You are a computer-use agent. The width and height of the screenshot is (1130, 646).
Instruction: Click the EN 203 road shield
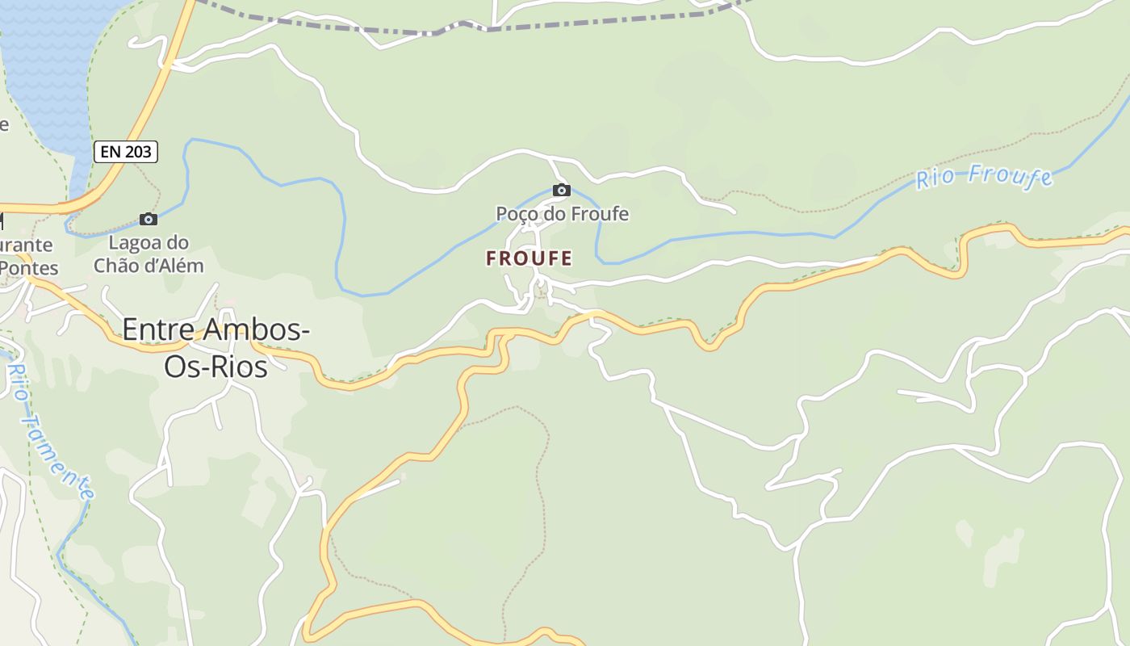click(126, 151)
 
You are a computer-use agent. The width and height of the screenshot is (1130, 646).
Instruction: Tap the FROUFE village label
click(529, 258)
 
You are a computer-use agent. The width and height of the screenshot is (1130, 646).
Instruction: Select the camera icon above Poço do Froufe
click(562, 191)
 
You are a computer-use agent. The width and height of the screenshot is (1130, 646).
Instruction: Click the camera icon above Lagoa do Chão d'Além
click(149, 219)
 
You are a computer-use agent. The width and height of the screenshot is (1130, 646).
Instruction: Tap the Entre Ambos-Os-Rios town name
click(216, 347)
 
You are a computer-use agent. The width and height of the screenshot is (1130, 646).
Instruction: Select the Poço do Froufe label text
click(562, 214)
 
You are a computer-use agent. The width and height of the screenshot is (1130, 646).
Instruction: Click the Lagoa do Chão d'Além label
click(149, 254)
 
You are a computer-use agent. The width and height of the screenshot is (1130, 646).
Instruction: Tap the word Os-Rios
click(216, 366)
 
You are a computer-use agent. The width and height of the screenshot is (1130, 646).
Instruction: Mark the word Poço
click(516, 214)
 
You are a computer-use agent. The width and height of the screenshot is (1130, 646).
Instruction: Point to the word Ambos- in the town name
click(257, 329)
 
